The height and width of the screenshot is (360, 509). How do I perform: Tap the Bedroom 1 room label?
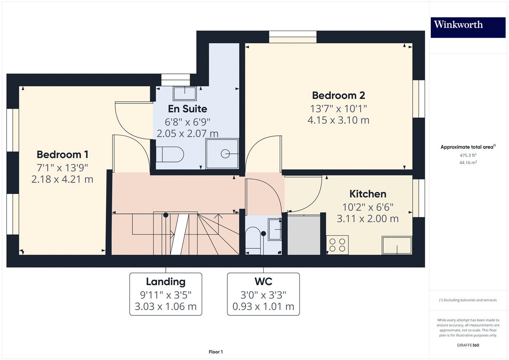tap(63, 155)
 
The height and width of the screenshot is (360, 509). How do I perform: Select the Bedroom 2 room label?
tap(338, 95)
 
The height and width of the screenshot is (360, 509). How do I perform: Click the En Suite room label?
tap(187, 109)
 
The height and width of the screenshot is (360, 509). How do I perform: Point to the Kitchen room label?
tap(368, 194)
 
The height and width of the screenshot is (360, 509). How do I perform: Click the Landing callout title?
tap(165, 282)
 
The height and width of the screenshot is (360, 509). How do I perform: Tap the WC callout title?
tap(263, 282)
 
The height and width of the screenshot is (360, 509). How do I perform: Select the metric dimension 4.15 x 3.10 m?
tap(338, 120)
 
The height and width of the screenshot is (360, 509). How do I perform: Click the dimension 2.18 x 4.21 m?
tap(63, 179)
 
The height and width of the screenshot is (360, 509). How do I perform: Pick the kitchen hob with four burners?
tap(337, 245)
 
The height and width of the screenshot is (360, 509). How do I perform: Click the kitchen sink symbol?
tap(397, 245)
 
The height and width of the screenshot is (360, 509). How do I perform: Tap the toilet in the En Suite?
tap(170, 155)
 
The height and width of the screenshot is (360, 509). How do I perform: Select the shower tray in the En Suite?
tap(222, 154)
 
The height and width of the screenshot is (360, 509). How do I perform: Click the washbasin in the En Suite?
tap(185, 93)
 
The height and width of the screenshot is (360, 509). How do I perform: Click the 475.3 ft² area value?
tap(468, 155)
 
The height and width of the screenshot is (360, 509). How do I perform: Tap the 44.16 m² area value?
tap(468, 163)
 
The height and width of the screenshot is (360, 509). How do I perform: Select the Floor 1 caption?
tap(216, 352)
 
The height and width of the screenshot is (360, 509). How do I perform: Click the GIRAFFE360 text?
tap(468, 345)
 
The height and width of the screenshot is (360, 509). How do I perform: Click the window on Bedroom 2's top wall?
tap(293, 37)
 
